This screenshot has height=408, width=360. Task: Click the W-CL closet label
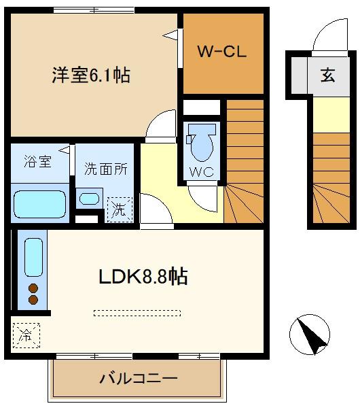pos(221,51)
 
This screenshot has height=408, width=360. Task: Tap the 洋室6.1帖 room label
pos(91,75)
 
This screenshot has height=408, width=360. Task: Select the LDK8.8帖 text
pos(143,276)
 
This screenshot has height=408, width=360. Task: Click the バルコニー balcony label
pos(139,378)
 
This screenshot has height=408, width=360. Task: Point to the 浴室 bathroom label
pos(37,161)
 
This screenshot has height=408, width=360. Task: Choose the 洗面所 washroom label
pos(106,169)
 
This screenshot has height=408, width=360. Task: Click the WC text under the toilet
pos(202,172)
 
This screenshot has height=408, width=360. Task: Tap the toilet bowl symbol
pos(202,142)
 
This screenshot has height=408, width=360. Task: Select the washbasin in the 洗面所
pos(89,199)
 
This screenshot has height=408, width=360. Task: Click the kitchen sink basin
pos(33,257)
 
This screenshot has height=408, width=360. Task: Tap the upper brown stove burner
pos(33,288)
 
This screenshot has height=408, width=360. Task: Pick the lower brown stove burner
pos(33,300)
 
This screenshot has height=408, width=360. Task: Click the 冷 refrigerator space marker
pos(26,335)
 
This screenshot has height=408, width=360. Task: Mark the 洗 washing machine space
pos(120,209)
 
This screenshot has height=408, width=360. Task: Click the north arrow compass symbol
pos(310,335)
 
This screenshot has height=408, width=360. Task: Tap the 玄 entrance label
pos(328,75)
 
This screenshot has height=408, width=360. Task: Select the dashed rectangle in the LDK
pos(137,313)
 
